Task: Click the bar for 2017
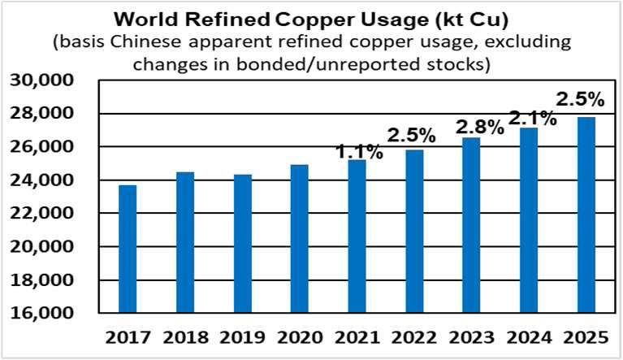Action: point(127,249)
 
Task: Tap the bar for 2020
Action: point(299,239)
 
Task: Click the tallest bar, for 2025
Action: point(586,215)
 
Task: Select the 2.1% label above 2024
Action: point(532,119)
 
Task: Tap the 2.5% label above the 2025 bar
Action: point(580,100)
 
